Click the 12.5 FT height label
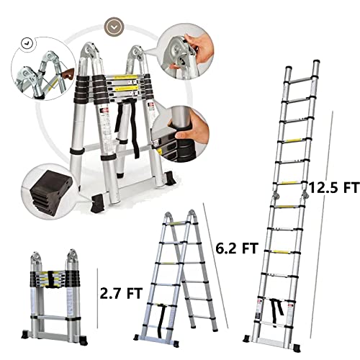pos(333,188)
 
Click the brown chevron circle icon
pos(113,27)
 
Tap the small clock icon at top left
pos(27,42)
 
